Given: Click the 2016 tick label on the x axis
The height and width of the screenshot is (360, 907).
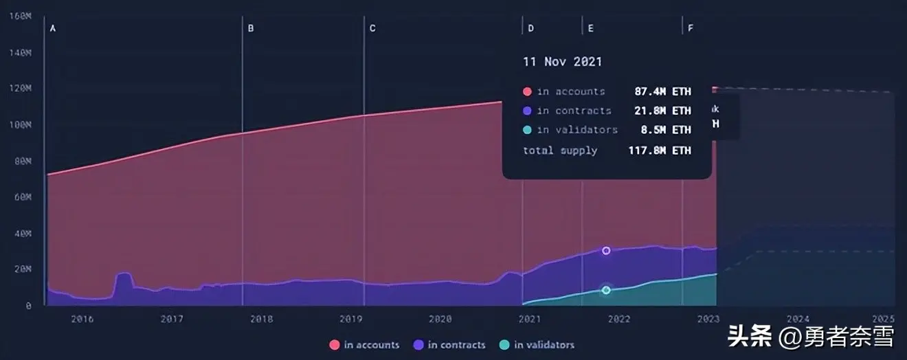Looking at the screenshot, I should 82,319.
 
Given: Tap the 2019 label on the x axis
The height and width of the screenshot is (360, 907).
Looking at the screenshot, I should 351,319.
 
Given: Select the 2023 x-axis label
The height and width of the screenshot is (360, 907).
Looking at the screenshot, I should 708,319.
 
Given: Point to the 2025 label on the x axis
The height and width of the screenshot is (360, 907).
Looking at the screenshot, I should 884,319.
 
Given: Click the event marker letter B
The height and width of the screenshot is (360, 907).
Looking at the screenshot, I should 251,29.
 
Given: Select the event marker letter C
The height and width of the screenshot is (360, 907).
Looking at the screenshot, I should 372,29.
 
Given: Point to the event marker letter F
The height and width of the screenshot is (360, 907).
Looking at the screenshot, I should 690,29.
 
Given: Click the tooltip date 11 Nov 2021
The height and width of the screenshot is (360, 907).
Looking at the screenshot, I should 562,62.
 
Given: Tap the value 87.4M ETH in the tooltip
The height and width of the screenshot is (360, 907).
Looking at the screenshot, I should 662,91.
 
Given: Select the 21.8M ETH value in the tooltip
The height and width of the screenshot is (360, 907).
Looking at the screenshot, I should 662,111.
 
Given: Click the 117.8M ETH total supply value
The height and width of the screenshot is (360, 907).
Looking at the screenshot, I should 660,150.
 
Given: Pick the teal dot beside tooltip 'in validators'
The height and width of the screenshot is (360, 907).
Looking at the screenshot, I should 527,130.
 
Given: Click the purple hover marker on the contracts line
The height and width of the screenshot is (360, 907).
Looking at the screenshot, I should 606,251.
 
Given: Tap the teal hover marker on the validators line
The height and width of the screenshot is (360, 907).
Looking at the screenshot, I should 606,290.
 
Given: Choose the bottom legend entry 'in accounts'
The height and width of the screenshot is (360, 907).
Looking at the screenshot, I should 365,345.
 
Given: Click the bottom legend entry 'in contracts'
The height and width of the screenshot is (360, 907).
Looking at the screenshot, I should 449,345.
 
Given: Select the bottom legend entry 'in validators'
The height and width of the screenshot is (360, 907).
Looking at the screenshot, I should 537,345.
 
